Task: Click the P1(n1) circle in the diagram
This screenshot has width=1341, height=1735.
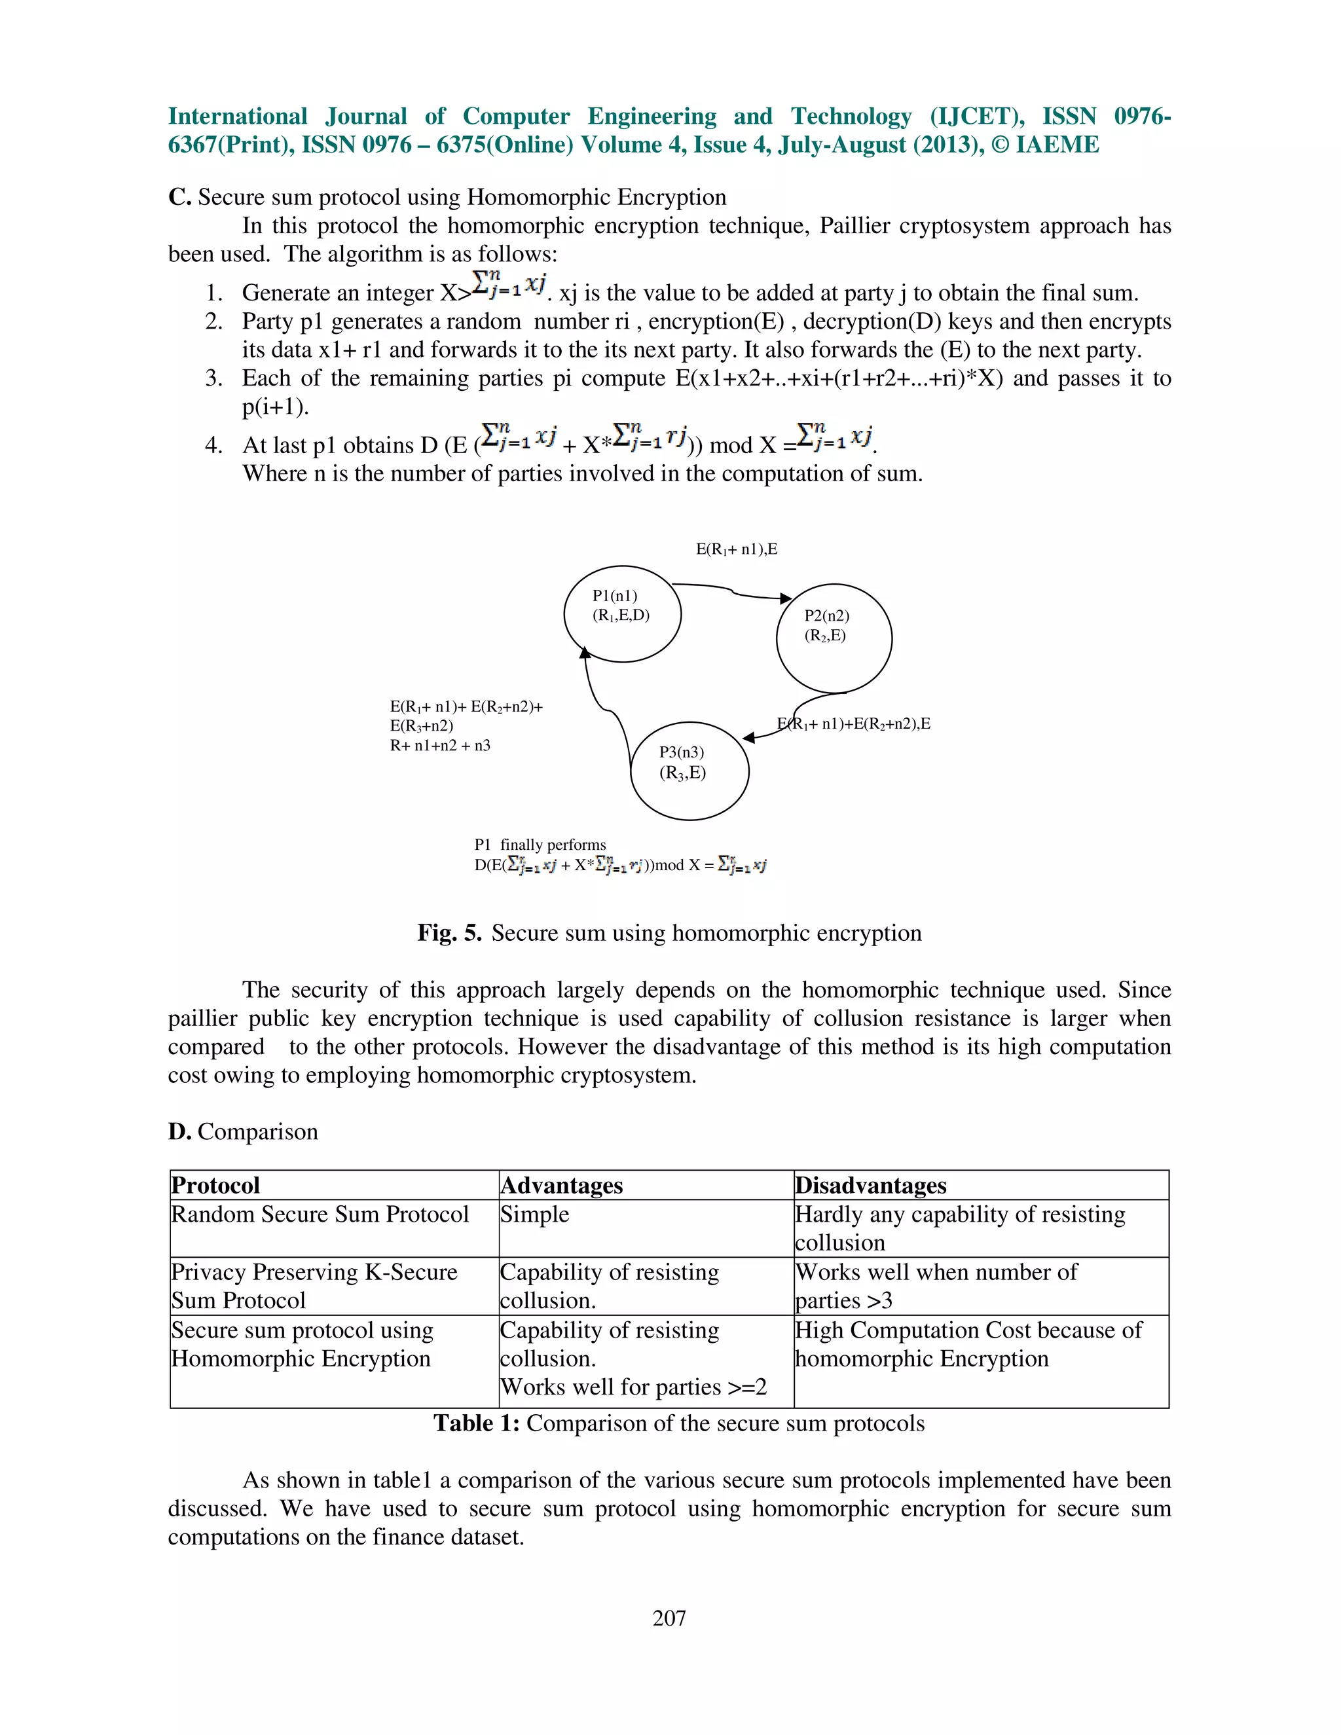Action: click(622, 613)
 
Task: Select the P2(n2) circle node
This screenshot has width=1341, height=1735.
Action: click(834, 638)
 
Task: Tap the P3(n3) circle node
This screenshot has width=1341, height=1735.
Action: click(689, 770)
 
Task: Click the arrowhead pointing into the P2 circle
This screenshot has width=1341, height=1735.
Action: click(786, 598)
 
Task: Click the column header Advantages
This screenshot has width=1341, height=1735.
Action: click(561, 1185)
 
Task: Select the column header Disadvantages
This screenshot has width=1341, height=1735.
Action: click(871, 1185)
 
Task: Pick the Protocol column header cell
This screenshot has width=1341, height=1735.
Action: click(215, 1185)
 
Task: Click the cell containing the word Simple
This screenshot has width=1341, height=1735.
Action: click(535, 1214)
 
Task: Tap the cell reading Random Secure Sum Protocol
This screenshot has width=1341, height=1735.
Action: click(320, 1214)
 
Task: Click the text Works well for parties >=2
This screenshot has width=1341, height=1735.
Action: click(633, 1387)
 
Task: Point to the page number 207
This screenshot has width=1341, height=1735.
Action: click(669, 1618)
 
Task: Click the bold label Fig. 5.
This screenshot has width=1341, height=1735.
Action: click(449, 932)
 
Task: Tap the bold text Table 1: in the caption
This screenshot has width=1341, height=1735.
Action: click(476, 1423)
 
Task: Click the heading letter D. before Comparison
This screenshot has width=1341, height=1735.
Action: click(179, 1131)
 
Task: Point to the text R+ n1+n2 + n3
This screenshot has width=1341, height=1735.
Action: click(439, 745)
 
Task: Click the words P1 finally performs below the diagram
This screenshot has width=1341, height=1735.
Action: click(540, 845)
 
